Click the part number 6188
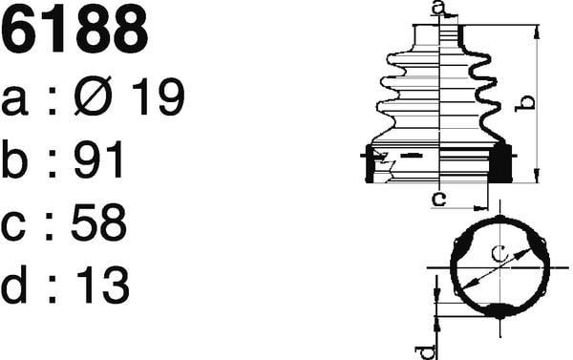tap(74, 30)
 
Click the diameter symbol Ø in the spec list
tap(93, 95)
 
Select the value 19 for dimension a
tap(159, 96)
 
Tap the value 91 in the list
tap(98, 159)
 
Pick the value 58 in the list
tap(99, 222)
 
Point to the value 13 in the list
tap(102, 286)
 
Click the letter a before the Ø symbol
tap(14, 100)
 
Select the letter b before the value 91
tap(14, 159)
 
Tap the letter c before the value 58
tap(13, 226)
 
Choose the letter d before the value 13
tap(14, 285)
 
